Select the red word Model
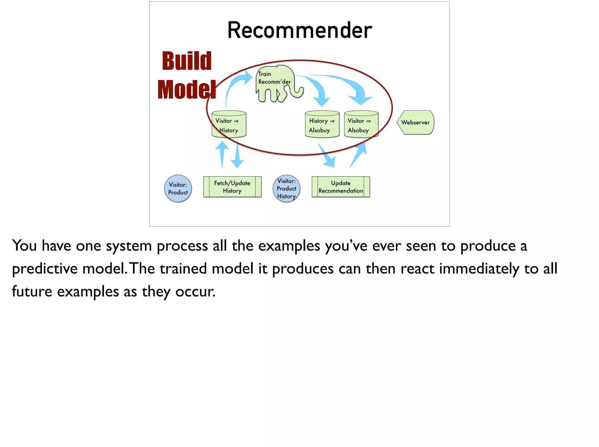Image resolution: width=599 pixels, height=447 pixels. tap(187, 90)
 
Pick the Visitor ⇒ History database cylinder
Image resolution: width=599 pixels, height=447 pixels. tap(229, 124)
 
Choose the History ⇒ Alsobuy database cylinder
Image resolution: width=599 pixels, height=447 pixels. tap(322, 124)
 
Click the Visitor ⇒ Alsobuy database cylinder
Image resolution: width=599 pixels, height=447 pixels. tap(361, 124)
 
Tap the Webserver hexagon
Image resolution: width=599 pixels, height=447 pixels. tap(416, 122)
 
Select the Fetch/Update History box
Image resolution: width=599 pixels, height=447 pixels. tap(232, 187)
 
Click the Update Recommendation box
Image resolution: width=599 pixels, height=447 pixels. tap(341, 187)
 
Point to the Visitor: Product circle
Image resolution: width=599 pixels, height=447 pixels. tap(178, 189)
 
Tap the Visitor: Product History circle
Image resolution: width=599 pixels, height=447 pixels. tap(286, 189)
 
